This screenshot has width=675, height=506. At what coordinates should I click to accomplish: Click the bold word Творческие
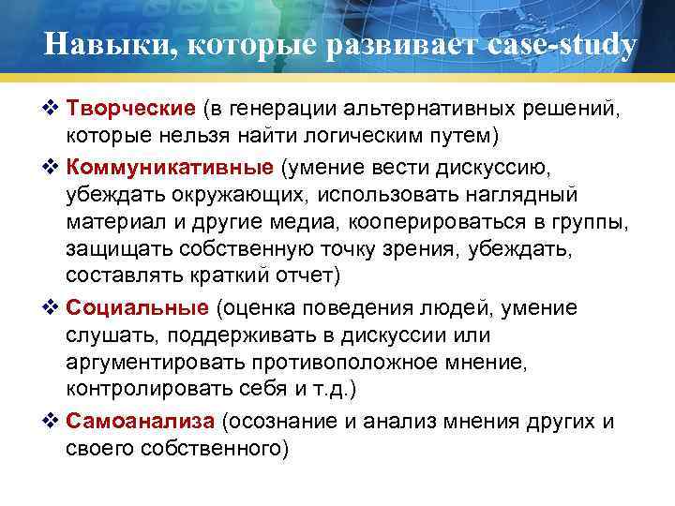pyautogui.click(x=130, y=112)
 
